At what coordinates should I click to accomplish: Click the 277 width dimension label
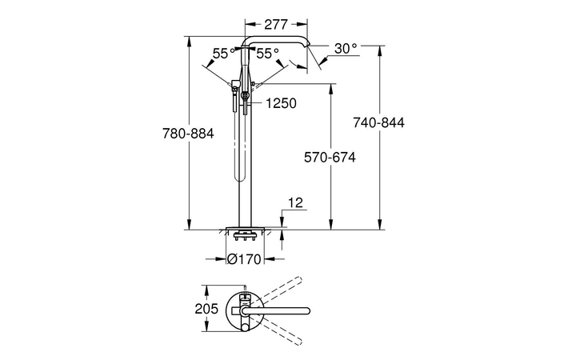click(x=276, y=25)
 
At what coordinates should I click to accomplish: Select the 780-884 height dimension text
click(x=188, y=134)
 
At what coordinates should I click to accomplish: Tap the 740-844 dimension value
click(x=378, y=122)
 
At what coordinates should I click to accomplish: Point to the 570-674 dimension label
click(x=330, y=157)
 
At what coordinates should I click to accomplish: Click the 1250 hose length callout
click(x=282, y=103)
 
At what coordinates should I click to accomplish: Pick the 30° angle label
click(x=346, y=48)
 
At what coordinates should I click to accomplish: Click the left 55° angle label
click(x=224, y=54)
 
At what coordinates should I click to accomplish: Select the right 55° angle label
click(x=268, y=54)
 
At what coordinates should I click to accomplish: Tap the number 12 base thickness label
click(x=296, y=203)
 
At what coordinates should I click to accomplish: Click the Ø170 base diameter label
click(x=245, y=259)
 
